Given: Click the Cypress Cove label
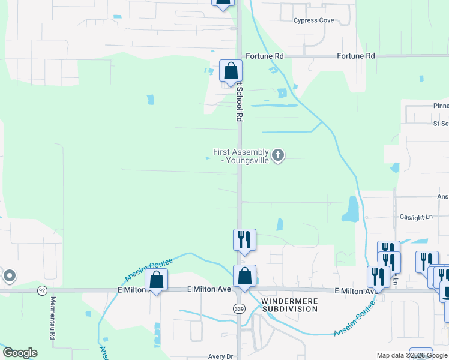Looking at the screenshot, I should (x=313, y=20).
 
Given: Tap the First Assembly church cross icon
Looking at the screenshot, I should (x=277, y=156).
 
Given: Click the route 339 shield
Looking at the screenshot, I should (x=239, y=308).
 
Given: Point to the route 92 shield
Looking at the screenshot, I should (x=41, y=290).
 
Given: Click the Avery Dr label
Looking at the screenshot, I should (x=220, y=356).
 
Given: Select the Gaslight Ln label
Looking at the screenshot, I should (x=415, y=217).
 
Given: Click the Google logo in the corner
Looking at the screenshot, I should (x=20, y=353).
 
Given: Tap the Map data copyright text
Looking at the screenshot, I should (x=412, y=355).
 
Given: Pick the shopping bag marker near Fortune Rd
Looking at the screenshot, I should (x=231, y=71).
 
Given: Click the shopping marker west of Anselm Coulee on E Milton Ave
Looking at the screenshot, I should (x=156, y=280).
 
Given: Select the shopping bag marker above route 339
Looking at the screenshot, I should (x=244, y=277).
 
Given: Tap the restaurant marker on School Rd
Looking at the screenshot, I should (x=244, y=239).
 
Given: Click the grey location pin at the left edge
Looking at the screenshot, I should (x=9, y=275).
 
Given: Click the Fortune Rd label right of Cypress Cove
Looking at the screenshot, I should (x=355, y=56).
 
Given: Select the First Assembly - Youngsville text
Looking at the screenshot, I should (x=241, y=156).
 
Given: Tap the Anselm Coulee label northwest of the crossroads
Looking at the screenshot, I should (x=149, y=269).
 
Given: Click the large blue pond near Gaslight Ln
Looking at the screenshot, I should (x=351, y=208).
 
